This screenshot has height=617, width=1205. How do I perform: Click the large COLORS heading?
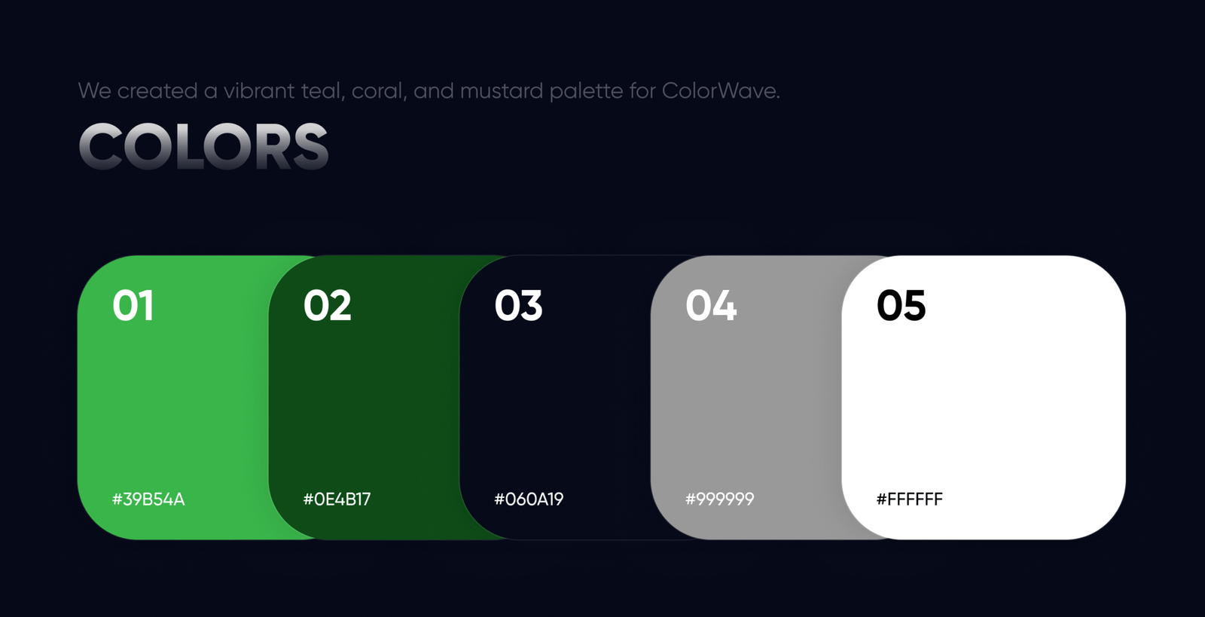coord(203,146)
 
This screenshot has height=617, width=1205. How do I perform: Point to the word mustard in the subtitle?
coord(502,91)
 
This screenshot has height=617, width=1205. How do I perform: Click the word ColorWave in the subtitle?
coord(721,91)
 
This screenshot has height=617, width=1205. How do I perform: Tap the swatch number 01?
coord(133,305)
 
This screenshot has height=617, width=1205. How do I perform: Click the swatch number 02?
coord(327,305)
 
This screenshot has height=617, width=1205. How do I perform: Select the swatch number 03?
coord(518,305)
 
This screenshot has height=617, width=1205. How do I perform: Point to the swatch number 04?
coord(711,305)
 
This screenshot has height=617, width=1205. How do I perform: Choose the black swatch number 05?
coord(901,305)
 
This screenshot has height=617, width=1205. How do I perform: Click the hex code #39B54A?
coord(148,499)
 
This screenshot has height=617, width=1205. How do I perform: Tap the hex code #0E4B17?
coord(337,499)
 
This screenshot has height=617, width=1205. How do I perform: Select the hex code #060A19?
coord(529,499)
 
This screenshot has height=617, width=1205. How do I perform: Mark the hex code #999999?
coord(720,499)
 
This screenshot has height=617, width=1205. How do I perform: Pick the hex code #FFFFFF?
coord(910,499)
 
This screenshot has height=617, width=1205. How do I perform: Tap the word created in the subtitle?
coord(157,91)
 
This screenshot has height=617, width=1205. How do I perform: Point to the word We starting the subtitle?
coord(95,91)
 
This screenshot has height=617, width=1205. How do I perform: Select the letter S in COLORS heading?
coord(310,146)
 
